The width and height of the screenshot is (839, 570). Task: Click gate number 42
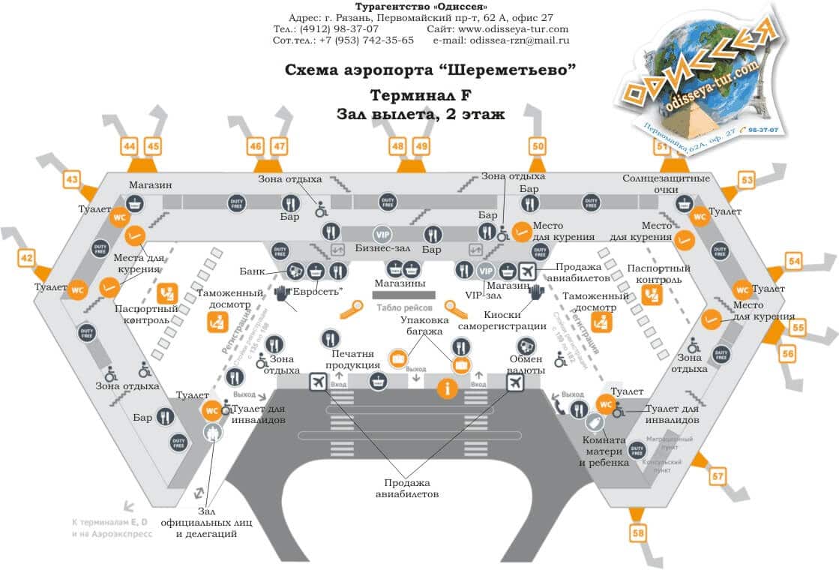(26, 259)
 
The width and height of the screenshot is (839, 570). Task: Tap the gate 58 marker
(638, 533)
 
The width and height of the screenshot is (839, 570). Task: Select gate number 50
(537, 146)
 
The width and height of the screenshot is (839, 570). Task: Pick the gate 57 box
(718, 475)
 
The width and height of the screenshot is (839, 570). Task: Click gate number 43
(72, 180)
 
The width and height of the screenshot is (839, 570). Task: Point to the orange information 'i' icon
(448, 388)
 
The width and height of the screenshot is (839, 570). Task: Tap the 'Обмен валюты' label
(526, 364)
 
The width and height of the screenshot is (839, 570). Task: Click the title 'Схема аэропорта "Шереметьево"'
(430, 70)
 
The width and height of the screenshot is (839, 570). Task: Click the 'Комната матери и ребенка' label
(604, 452)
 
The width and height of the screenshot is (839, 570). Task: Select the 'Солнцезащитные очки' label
(666, 184)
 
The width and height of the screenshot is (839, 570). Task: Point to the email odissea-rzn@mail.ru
(519, 40)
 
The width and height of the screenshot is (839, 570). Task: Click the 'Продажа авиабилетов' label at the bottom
(407, 489)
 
